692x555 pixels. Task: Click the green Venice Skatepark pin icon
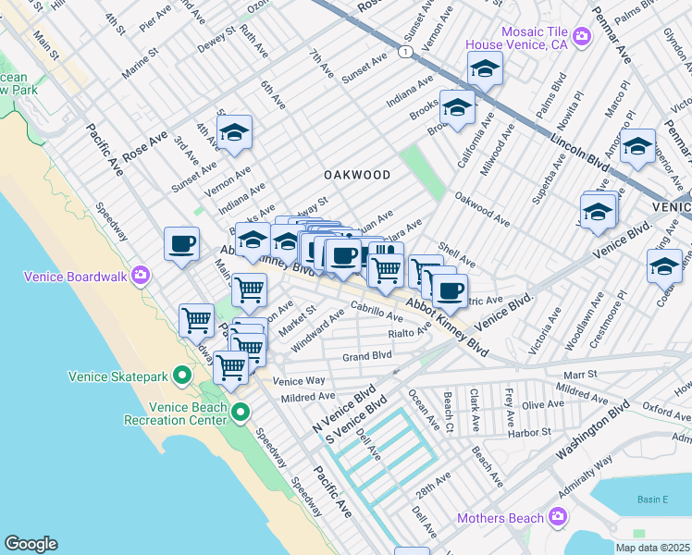point(183,376)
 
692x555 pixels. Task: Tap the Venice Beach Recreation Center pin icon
point(241,413)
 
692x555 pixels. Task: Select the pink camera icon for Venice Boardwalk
point(140,274)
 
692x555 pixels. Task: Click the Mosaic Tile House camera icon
point(582,37)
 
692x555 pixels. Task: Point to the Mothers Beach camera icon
point(557,516)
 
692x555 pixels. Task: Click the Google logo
point(31,544)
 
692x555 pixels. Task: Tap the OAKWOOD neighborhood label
point(356,175)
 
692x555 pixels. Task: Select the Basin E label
point(652,499)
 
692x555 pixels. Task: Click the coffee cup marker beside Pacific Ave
point(181,244)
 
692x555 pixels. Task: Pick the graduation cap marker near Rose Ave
point(235,133)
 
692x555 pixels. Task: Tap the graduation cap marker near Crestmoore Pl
point(664,265)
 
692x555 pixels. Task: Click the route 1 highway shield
point(405,53)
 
